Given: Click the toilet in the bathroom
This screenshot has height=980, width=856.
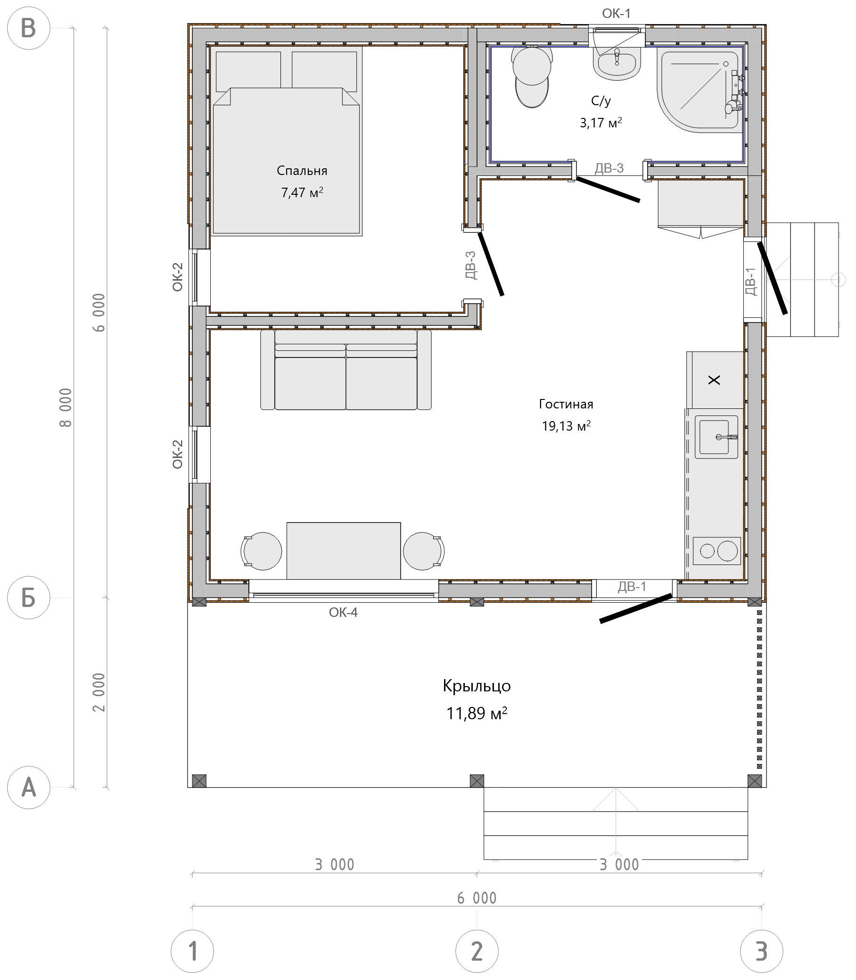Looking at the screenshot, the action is pyautogui.click(x=532, y=76).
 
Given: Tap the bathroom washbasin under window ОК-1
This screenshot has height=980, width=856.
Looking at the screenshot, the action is pyautogui.click(x=617, y=63).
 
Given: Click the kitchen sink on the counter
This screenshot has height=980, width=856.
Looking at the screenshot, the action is pyautogui.click(x=716, y=437).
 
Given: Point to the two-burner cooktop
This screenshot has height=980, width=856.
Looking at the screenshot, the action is pyautogui.click(x=716, y=551).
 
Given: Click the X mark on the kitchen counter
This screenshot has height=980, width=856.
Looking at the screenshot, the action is pyautogui.click(x=714, y=380).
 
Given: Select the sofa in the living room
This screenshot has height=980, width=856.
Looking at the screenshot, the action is pyautogui.click(x=346, y=369).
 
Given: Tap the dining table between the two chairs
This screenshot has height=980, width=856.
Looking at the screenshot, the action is pyautogui.click(x=344, y=550).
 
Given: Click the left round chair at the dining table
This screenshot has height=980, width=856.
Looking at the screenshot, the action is pyautogui.click(x=261, y=551).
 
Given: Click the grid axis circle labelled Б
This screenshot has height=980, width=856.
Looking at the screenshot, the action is pyautogui.click(x=29, y=597).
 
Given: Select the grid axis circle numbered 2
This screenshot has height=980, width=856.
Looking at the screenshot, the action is pyautogui.click(x=477, y=951).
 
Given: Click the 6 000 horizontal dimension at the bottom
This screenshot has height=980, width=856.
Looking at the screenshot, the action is pyautogui.click(x=477, y=898).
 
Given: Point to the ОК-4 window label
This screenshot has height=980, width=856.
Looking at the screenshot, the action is pyautogui.click(x=343, y=612).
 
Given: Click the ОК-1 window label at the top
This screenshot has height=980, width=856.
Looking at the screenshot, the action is pyautogui.click(x=616, y=13).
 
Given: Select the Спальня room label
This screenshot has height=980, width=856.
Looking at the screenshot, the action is pyautogui.click(x=302, y=171).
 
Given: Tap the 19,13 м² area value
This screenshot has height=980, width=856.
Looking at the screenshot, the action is pyautogui.click(x=566, y=425).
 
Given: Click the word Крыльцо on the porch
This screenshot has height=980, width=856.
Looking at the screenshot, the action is pyautogui.click(x=477, y=686).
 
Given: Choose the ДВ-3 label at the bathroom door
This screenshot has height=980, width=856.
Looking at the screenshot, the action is pyautogui.click(x=609, y=168).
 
